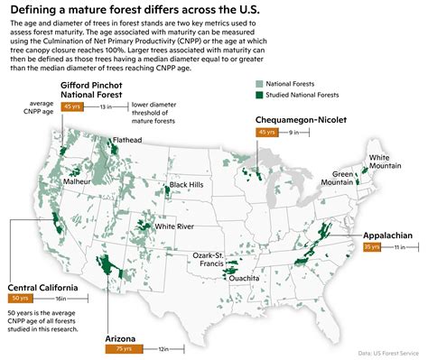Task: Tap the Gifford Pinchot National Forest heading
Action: coord(97,88)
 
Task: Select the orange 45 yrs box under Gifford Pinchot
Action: coord(72,106)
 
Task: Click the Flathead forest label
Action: coord(127,141)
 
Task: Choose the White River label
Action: coord(174,226)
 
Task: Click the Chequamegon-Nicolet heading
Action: coord(299,120)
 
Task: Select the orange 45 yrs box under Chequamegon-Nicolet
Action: coord(267,133)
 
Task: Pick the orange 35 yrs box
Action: coord(372,246)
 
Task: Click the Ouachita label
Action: coord(245,279)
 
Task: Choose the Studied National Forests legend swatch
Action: coord(258,94)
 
